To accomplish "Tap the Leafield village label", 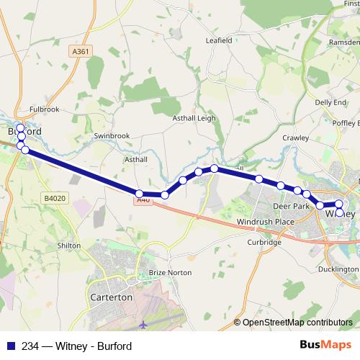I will pyautogui.click(x=219, y=41).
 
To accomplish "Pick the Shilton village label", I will pyautogui.click(x=68, y=246).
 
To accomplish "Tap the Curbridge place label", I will pyautogui.click(x=264, y=243).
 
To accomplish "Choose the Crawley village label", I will pyautogui.click(x=295, y=137).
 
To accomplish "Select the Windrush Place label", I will pyautogui.click(x=266, y=221).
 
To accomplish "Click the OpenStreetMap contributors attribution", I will pyautogui.click(x=297, y=323).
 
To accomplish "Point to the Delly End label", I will pyautogui.click(x=330, y=103).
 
